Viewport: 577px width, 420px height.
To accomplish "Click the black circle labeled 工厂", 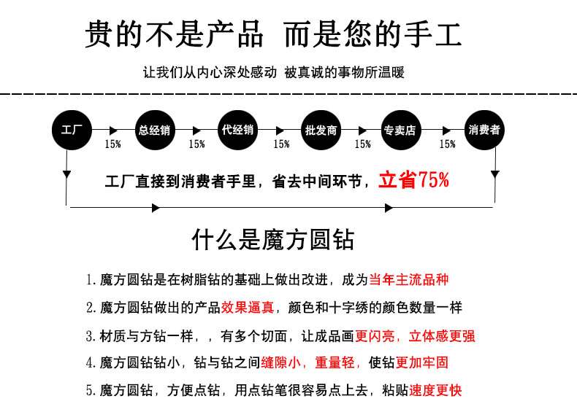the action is pos(72,130).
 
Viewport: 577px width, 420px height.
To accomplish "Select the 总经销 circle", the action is pos(155,130).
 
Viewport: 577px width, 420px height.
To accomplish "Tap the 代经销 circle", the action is pos(237,130).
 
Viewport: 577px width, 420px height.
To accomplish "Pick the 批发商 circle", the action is pos(321,130).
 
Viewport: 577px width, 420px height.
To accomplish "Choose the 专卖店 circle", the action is pos(400,130).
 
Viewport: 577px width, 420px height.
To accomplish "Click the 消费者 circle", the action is pos(484,130).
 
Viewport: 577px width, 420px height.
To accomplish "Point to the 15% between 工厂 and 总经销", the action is pos(112,144).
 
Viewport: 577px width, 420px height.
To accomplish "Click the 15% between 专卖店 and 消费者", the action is pos(448,144).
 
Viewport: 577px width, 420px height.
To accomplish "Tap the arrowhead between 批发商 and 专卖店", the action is pos(362,131).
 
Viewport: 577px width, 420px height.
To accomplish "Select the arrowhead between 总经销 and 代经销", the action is pos(196,131).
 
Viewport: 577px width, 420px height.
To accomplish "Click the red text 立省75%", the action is pos(413,180).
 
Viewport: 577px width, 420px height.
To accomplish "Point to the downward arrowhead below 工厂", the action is pos(66,174).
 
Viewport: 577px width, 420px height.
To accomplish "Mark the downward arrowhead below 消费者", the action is pos(495,174).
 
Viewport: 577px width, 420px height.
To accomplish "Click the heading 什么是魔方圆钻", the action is pos(273,240).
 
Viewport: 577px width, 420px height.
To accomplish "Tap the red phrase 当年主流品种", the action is pos(409,279).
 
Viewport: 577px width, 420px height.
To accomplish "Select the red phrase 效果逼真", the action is pos(248,307).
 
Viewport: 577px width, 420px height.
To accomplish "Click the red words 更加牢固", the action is pos(422,362).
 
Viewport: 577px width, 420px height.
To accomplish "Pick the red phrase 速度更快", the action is pos(435,390).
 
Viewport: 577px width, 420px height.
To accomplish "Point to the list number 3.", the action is pos(90,336).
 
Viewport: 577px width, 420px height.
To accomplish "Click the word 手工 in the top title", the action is pos(432,34).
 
